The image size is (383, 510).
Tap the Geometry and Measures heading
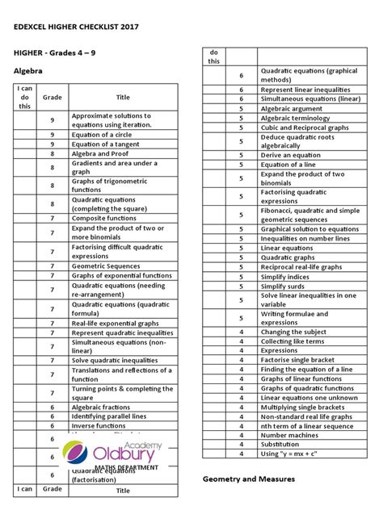[x=248, y=479]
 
